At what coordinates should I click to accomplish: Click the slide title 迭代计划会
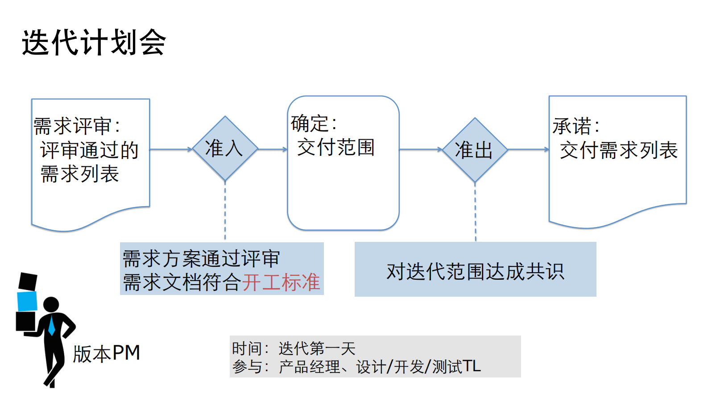(x=94, y=43)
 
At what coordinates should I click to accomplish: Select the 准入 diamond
(x=225, y=149)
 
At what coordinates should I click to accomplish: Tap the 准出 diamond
(x=475, y=150)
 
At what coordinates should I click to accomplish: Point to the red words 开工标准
(x=281, y=282)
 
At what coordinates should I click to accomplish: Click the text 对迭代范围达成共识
(x=475, y=271)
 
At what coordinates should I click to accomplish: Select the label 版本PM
(x=107, y=353)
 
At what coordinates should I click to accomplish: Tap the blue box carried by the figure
(x=27, y=301)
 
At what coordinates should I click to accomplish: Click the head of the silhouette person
(x=51, y=305)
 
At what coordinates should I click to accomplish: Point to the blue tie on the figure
(x=51, y=326)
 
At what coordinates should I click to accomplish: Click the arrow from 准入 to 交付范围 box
(x=273, y=149)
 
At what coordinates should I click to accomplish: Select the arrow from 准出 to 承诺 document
(x=528, y=149)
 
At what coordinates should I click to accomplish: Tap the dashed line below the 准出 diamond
(x=475, y=212)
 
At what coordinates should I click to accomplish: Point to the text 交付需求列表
(x=619, y=150)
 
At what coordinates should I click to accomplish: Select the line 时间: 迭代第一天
(x=294, y=348)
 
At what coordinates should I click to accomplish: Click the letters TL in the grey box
(x=472, y=366)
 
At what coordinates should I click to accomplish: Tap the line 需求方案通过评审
(x=201, y=259)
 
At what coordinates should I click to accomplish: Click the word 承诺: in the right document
(x=576, y=126)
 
